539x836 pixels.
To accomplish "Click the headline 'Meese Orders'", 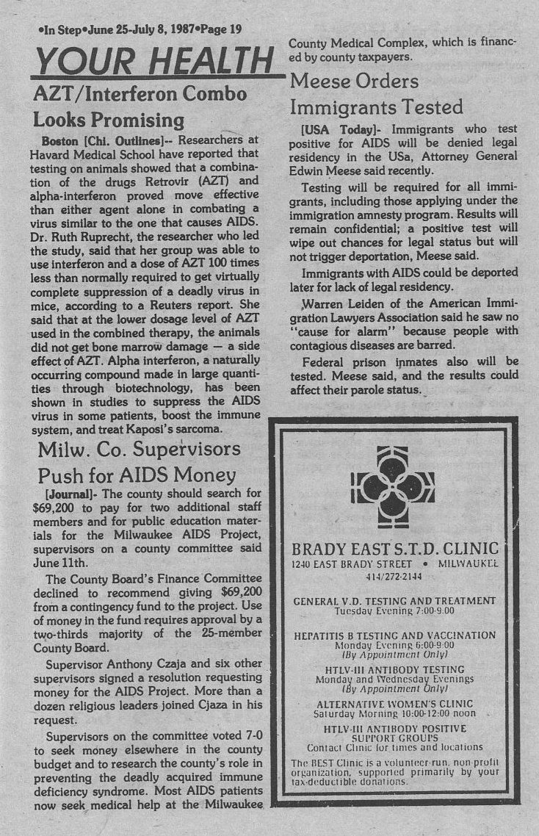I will tap(355, 81).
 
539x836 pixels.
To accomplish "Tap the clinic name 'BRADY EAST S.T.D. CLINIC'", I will tap(395, 549).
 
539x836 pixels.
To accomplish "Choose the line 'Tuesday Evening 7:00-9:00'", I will tap(394, 610).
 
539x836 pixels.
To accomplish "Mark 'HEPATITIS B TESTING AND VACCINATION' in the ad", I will tap(394, 635).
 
